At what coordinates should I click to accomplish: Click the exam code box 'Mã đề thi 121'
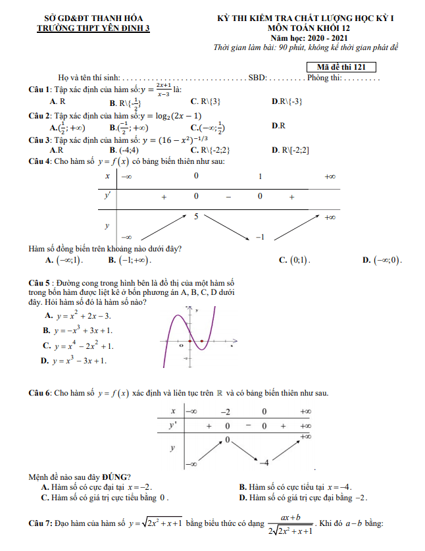341,66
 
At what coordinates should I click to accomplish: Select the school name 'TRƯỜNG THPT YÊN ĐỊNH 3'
93,28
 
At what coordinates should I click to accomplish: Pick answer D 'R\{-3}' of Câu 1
287,102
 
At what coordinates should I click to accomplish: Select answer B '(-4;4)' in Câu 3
124,150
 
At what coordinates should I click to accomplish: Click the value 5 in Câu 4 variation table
195,216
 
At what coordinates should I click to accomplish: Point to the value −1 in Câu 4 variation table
259,237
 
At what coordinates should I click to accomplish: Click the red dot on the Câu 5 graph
191,342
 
